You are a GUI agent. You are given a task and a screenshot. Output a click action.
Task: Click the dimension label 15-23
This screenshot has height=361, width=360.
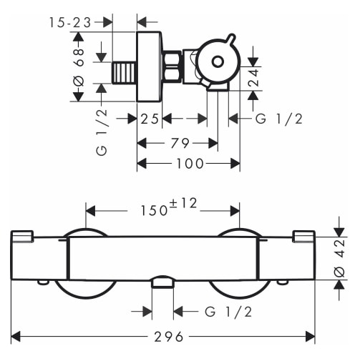coord(70,23)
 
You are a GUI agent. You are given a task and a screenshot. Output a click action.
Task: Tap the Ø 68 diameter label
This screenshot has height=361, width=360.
coord(79,67)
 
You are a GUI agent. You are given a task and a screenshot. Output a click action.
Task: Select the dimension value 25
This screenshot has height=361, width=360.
coord(150,119)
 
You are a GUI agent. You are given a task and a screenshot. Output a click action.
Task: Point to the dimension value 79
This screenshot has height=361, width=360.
coord(180,143)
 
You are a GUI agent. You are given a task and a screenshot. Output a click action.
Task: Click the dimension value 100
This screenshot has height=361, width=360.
coord(190,164)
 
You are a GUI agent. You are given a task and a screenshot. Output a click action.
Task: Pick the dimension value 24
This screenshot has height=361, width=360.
coord(253,78)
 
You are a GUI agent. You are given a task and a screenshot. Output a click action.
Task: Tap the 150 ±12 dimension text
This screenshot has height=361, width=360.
coord(169,207)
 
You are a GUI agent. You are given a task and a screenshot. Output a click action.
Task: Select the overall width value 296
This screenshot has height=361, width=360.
coord(169,337)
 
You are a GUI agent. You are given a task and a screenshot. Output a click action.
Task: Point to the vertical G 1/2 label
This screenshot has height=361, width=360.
coord(102,132)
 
